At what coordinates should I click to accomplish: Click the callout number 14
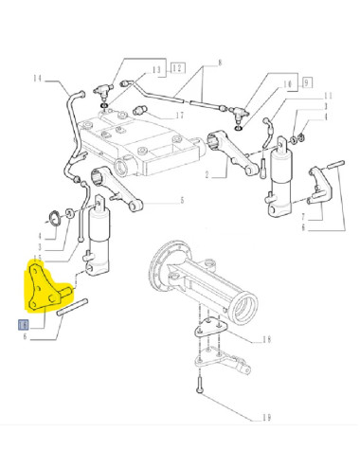click(38, 77)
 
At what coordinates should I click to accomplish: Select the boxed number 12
click(175, 69)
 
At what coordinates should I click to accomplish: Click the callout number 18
click(266, 338)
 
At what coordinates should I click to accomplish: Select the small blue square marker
click(24, 324)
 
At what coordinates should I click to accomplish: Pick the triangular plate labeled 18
click(207, 333)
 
